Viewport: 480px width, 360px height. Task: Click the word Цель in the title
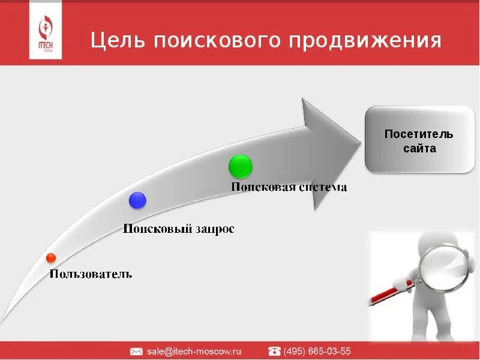tap(116, 41)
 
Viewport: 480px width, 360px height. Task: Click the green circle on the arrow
tap(241, 166)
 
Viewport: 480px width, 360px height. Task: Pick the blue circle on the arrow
tap(137, 200)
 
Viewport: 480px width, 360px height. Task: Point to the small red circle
tap(51, 258)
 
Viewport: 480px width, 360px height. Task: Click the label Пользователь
tap(91, 274)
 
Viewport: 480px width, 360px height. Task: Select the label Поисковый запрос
tap(178, 229)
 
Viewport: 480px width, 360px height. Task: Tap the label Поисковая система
tap(289, 187)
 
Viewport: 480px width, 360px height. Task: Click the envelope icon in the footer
tap(136, 351)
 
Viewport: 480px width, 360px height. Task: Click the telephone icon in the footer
tap(274, 351)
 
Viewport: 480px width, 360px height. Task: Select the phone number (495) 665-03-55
tap(317, 351)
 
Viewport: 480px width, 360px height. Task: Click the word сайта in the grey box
tap(419, 148)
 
